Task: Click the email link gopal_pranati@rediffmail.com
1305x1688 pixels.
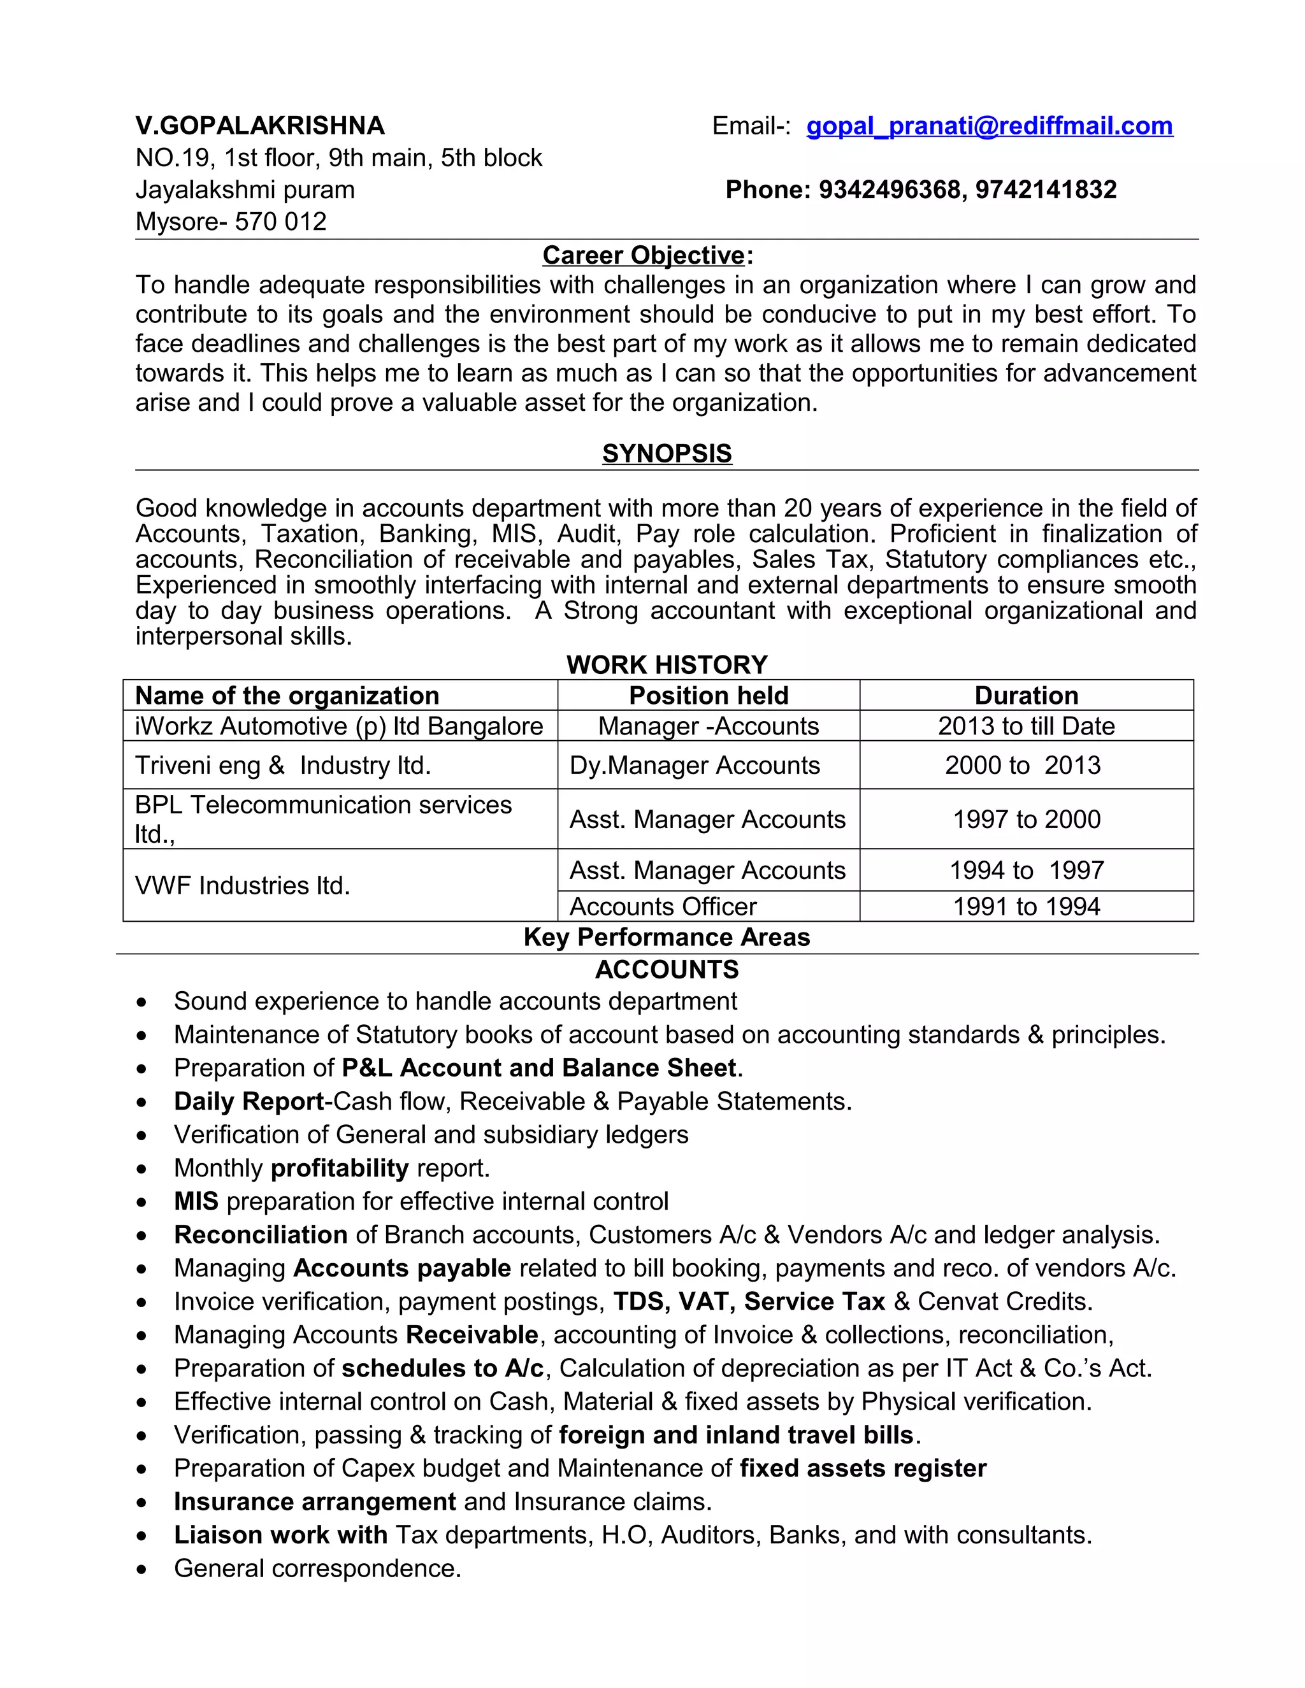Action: coord(989,126)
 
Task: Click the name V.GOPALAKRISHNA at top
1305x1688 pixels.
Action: coord(260,126)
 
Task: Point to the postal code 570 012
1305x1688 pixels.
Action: coord(280,222)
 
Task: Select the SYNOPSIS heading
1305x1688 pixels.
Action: coord(667,453)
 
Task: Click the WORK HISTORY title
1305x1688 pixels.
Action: coord(667,664)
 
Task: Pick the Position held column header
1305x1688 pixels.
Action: coord(708,696)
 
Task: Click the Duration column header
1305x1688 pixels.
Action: coord(1026,696)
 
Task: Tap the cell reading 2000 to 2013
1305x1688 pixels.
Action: coord(1022,765)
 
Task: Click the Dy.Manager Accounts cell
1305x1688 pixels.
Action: coord(695,765)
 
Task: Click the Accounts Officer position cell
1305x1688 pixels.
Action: coord(663,906)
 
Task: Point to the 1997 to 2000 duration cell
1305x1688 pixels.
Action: coord(1026,819)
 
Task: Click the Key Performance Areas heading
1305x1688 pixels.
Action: coord(667,937)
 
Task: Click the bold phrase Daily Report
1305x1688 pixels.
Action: coord(248,1101)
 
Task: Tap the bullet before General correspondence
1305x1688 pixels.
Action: coord(141,1569)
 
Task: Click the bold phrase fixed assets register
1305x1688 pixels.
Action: coord(863,1468)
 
